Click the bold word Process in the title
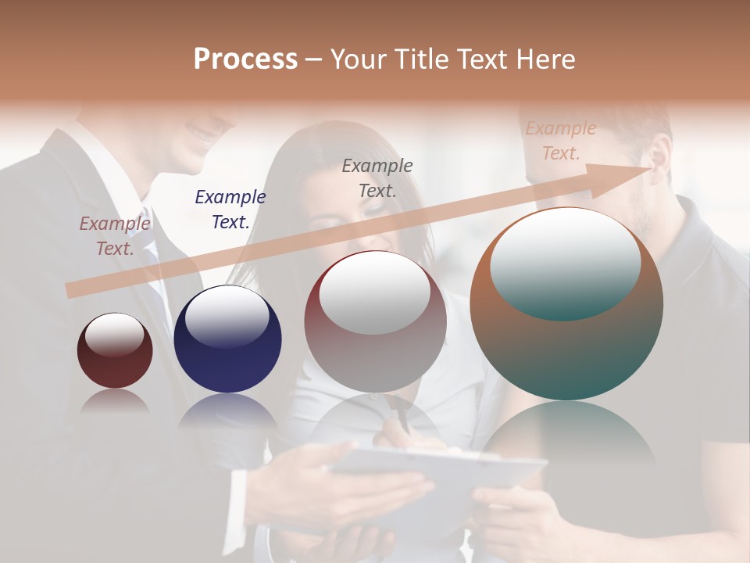pyautogui.click(x=245, y=59)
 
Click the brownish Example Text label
pyautogui.click(x=115, y=236)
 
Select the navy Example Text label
pyautogui.click(x=230, y=210)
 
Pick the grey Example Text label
pyautogui.click(x=377, y=178)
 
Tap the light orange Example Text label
pyautogui.click(x=561, y=141)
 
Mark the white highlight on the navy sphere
pyautogui.click(x=227, y=317)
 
